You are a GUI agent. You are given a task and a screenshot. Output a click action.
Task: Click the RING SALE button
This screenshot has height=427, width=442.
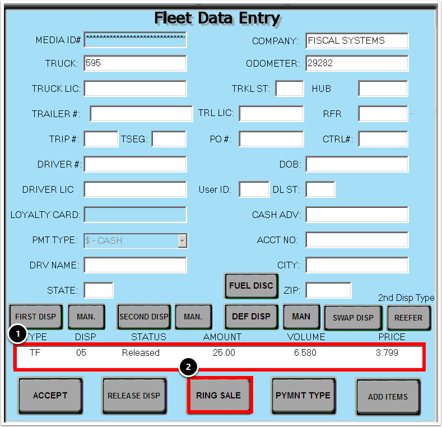[x=218, y=396]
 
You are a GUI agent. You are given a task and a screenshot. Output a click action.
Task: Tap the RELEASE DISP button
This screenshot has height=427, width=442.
[x=134, y=396]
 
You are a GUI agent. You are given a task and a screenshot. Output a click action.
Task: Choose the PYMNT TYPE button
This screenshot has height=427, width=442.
[x=303, y=396]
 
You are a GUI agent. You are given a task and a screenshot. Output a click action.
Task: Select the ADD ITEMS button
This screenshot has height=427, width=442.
[x=388, y=397]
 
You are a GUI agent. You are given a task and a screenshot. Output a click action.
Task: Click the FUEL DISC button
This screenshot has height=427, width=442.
[x=251, y=286]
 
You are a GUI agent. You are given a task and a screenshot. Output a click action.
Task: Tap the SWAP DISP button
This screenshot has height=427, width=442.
[x=353, y=318]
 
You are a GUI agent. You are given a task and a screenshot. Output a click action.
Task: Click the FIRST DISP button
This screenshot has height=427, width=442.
[x=35, y=317]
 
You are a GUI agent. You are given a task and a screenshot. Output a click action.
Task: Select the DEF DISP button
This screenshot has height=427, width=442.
[x=251, y=317]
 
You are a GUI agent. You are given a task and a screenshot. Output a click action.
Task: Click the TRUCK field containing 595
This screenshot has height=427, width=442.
[x=135, y=63]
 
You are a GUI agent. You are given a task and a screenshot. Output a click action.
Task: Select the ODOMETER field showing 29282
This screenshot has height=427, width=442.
[x=357, y=63]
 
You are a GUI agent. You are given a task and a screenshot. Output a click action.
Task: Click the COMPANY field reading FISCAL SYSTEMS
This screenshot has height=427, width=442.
[x=357, y=41]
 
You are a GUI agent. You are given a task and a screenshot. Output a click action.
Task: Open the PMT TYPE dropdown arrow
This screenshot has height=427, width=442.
[x=182, y=241]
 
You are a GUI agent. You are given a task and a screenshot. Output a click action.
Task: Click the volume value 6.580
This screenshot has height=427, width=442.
[x=305, y=353]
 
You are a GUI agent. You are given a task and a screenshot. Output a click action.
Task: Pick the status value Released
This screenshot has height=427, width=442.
[x=141, y=353]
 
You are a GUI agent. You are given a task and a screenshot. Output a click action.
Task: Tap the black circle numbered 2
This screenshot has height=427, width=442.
[x=189, y=368]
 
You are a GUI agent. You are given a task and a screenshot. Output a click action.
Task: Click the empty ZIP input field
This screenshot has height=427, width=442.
[x=328, y=290]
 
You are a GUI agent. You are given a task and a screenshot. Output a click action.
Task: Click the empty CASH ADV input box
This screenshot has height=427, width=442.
[x=357, y=215]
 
